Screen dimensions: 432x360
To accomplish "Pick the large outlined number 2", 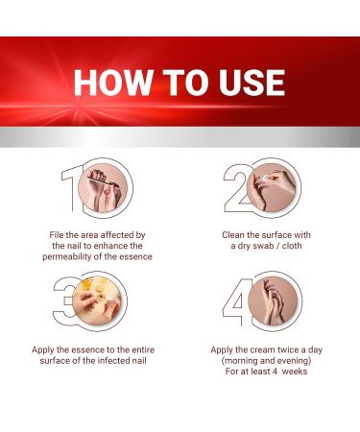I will tap(234, 197).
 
